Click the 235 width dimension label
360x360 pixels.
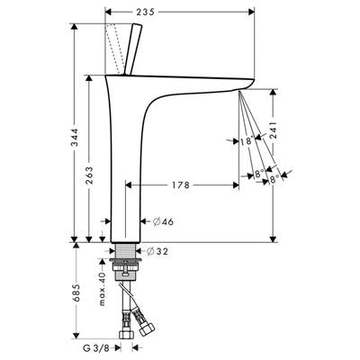(145, 12)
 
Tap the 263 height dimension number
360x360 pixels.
(90, 175)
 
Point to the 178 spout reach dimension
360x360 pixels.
(181, 185)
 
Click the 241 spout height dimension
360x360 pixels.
(274, 130)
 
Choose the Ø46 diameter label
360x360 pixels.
(163, 221)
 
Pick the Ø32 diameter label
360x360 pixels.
(157, 251)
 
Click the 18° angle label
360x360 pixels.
(247, 140)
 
